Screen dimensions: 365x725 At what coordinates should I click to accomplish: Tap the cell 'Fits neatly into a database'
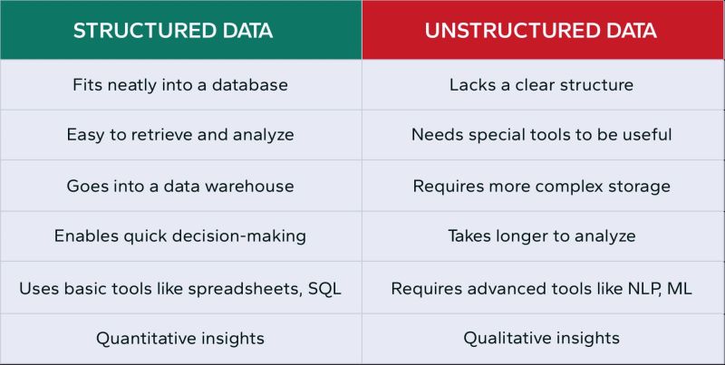click(x=179, y=85)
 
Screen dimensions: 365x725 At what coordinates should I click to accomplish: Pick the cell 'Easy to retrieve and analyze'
click(x=179, y=135)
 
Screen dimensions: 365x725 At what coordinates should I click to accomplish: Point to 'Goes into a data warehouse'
click(x=179, y=186)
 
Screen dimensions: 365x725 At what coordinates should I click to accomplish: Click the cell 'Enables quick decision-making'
click(x=179, y=236)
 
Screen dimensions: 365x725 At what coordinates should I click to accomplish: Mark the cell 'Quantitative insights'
click(x=179, y=339)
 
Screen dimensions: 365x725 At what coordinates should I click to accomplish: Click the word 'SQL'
click(x=324, y=288)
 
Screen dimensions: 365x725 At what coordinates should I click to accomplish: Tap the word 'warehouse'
click(x=250, y=186)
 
